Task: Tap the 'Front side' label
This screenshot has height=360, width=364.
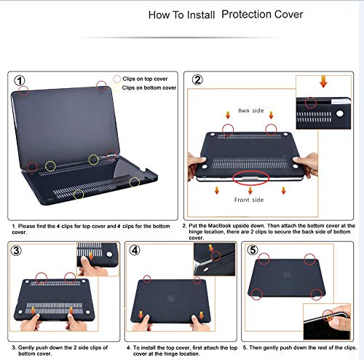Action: point(249,199)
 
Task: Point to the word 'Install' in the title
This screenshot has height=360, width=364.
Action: point(199,15)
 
